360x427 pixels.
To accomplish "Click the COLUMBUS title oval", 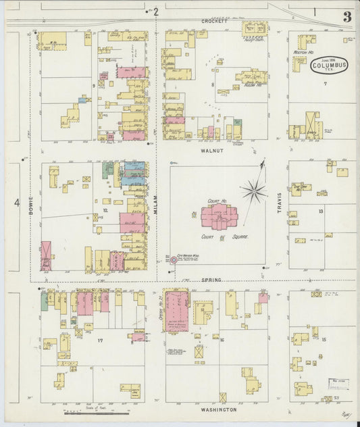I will click(x=329, y=66).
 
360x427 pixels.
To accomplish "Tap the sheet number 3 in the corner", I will click(x=346, y=17).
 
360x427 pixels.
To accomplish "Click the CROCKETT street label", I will click(x=215, y=21).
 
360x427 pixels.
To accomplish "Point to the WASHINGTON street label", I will click(x=218, y=409).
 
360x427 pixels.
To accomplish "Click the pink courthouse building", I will click(x=219, y=217).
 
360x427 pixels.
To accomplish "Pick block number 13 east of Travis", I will click(x=321, y=211).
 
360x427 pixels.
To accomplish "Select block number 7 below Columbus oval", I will click(x=324, y=83).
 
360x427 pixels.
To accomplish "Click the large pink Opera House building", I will click(x=176, y=310).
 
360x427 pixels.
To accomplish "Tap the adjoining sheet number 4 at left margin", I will click(x=16, y=202).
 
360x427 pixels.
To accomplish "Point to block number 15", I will click(x=324, y=338).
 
